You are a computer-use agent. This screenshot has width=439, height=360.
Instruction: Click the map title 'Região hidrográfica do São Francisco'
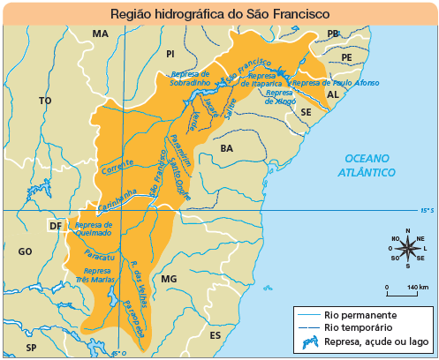(219, 15)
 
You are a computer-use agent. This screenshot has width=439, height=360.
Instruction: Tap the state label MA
(100, 34)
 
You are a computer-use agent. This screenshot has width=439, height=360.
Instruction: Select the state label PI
(170, 55)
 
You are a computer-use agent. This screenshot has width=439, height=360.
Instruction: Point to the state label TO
(45, 101)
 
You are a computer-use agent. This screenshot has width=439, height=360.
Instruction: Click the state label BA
(227, 147)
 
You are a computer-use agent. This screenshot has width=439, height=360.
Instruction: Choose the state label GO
(24, 252)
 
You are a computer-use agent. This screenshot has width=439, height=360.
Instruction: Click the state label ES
(215, 336)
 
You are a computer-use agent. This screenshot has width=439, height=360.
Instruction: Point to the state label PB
(333, 34)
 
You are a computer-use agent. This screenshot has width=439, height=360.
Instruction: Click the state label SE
(306, 114)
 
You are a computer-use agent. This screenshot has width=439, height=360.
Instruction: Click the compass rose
(408, 248)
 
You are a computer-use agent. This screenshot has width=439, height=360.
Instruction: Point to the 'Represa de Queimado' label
(94, 229)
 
